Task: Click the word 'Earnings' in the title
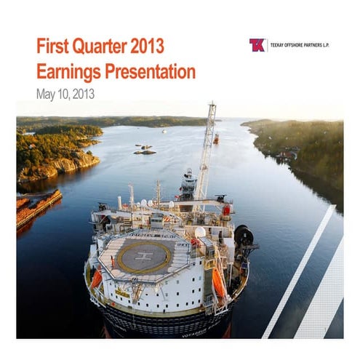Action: pyautogui.click(x=69, y=71)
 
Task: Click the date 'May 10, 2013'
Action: pyautogui.click(x=65, y=93)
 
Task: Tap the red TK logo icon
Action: pyautogui.click(x=257, y=45)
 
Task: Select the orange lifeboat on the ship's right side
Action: pyautogui.click(x=219, y=283)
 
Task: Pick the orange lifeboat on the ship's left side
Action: pyautogui.click(x=95, y=277)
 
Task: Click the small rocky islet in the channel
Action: pyautogui.click(x=145, y=151)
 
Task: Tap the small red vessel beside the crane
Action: pyautogui.click(x=215, y=138)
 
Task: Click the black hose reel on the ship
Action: pyautogui.click(x=244, y=236)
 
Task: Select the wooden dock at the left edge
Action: pyautogui.click(x=36, y=207)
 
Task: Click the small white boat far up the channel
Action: pyautogui.click(x=164, y=131)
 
